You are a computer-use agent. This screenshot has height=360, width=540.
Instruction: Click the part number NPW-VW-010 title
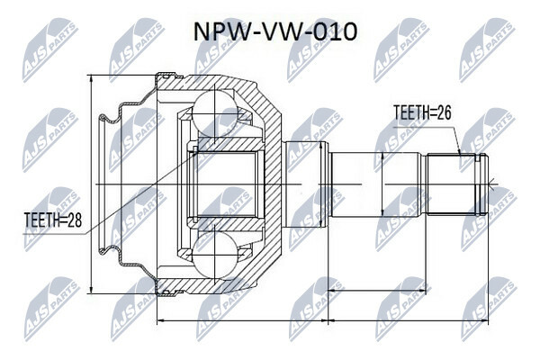275,31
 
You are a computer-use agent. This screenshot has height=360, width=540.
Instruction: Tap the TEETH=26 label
421,113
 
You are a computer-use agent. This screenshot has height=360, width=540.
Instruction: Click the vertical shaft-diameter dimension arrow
383,184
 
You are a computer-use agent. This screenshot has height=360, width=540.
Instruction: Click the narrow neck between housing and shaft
306,184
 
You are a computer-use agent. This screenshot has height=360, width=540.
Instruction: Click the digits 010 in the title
338,31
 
